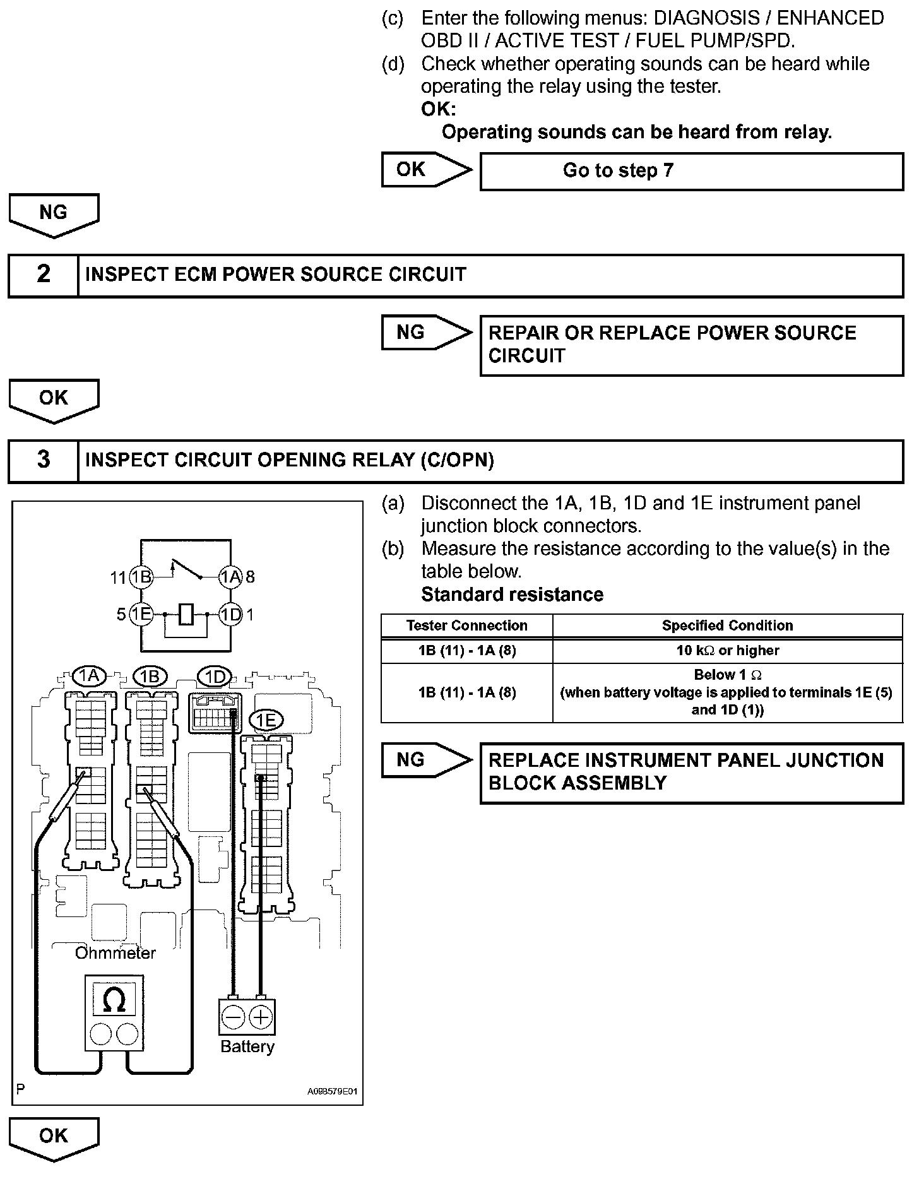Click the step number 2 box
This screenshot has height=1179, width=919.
coord(43,275)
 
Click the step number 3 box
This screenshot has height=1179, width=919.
coord(43,460)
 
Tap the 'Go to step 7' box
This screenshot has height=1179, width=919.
coord(691,171)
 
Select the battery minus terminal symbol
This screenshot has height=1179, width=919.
coord(234,1017)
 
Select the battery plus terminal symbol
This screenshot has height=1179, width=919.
coord(261,1017)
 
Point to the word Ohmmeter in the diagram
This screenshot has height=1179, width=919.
coord(115,953)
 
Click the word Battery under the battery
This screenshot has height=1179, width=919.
coord(247,1047)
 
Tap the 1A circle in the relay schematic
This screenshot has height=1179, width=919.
coord(230,576)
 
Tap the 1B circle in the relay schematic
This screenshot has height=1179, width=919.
coord(141,576)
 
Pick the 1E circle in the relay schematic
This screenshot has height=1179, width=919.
coord(141,614)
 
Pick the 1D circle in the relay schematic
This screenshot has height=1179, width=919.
coord(230,614)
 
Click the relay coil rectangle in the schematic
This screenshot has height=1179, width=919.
coord(186,614)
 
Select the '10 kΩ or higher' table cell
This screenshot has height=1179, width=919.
coord(727,651)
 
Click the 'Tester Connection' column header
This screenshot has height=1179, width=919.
coord(466,625)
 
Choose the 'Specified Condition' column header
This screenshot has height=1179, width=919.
coord(727,625)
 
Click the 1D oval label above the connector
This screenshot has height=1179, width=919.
coord(215,677)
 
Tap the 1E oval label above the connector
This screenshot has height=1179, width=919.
coord(266,720)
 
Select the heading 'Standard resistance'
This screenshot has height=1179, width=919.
coord(512,595)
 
